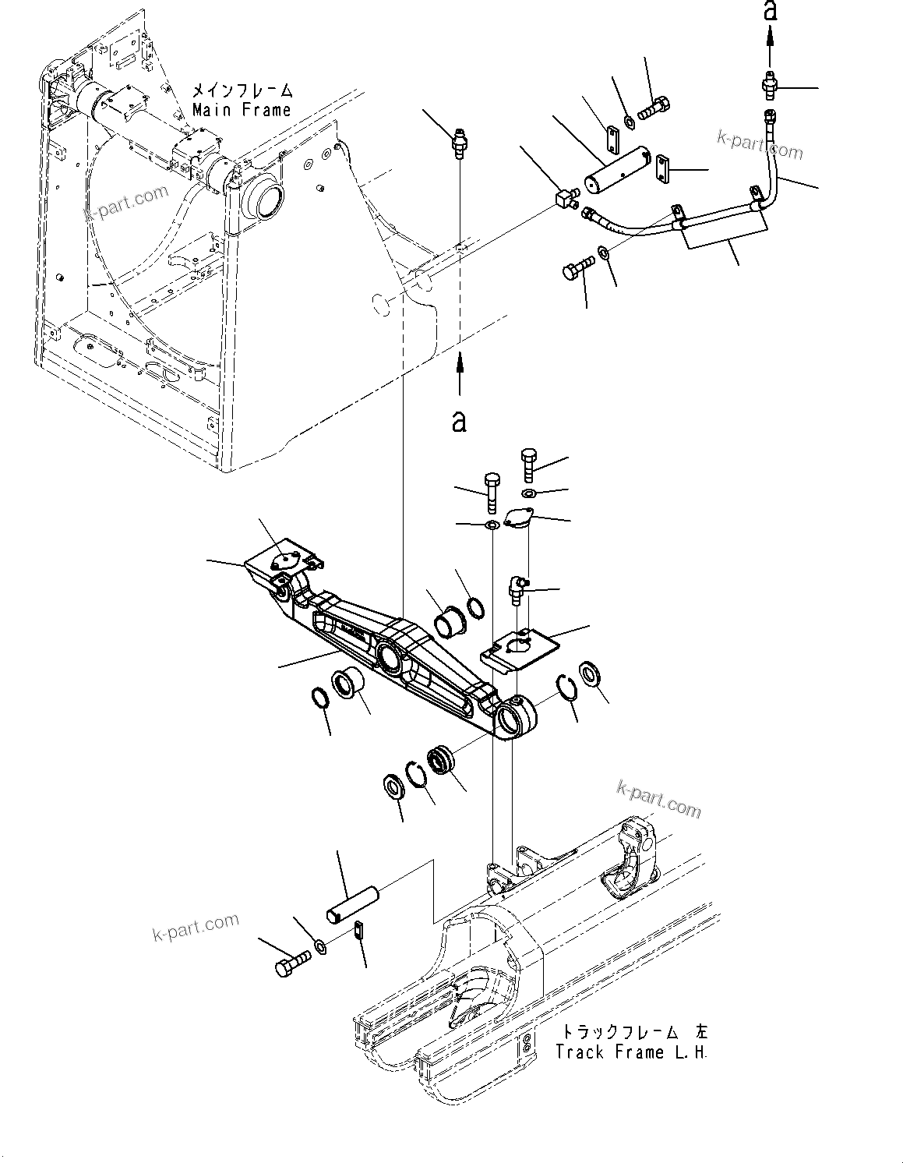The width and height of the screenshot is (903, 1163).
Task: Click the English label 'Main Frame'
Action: click(x=242, y=110)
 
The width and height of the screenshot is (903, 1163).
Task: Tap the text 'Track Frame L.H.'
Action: click(x=631, y=1052)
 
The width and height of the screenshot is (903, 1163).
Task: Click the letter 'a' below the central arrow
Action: click(x=460, y=422)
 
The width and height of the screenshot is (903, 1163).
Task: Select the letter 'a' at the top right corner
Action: click(x=770, y=11)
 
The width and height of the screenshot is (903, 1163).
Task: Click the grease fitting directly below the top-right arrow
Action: click(x=768, y=87)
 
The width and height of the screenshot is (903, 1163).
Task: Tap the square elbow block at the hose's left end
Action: click(x=563, y=199)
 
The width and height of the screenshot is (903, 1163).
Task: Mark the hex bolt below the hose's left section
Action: click(x=575, y=270)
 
